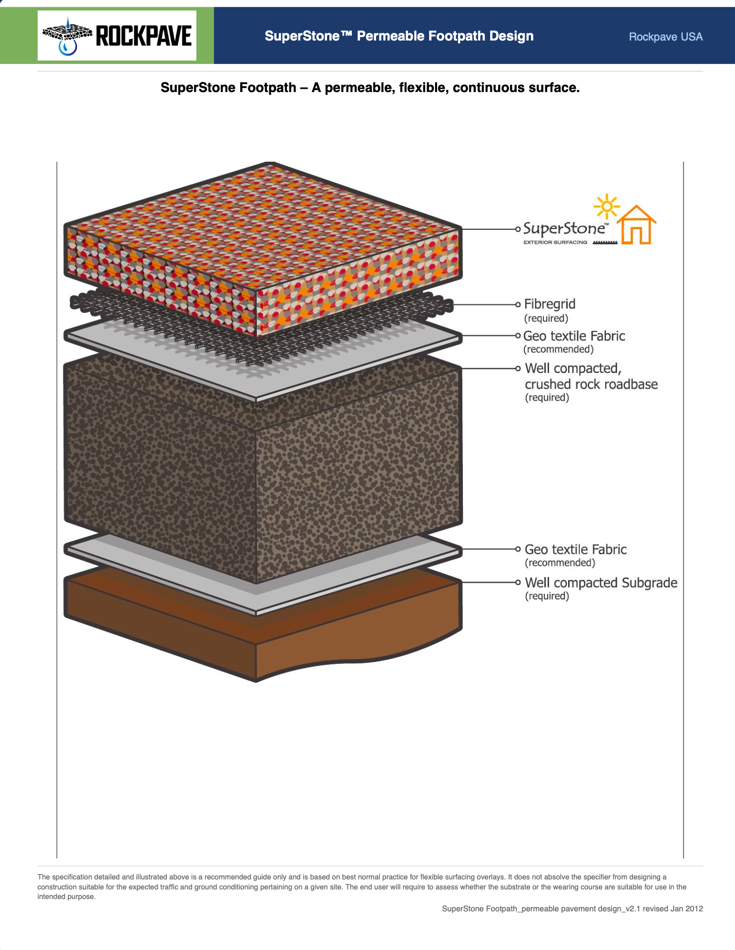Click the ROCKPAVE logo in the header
[x=117, y=36]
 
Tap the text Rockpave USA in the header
[x=665, y=37]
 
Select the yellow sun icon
[x=606, y=207]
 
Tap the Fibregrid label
[x=550, y=304]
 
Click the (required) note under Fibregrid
[x=546, y=318]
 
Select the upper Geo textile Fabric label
[x=574, y=336]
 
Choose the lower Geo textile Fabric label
[x=576, y=549]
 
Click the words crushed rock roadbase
[x=591, y=384]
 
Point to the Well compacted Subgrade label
[x=601, y=583]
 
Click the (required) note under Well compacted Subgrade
[x=547, y=596]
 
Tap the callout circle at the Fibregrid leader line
[x=518, y=304]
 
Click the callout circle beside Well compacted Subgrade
[x=518, y=582]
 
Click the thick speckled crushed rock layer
[x=263, y=467]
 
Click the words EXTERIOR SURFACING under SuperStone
[x=555, y=242]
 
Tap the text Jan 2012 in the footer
[x=686, y=909]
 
